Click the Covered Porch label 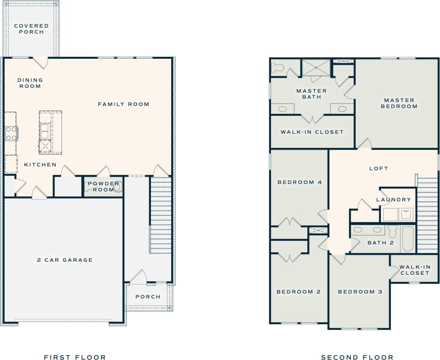click(31, 29)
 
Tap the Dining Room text click(30, 83)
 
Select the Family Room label click(124, 104)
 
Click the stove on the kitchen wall click(11, 133)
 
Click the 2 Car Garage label click(65, 260)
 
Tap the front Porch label click(148, 297)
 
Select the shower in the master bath click(316, 67)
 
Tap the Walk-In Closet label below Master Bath click(312, 132)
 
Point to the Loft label click(378, 168)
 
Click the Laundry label click(394, 200)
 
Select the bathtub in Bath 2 click(407, 239)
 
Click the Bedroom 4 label click(300, 182)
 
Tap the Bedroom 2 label click(298, 292)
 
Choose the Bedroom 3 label click(360, 292)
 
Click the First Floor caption click(75, 357)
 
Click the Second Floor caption click(357, 357)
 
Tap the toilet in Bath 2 click(393, 232)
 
